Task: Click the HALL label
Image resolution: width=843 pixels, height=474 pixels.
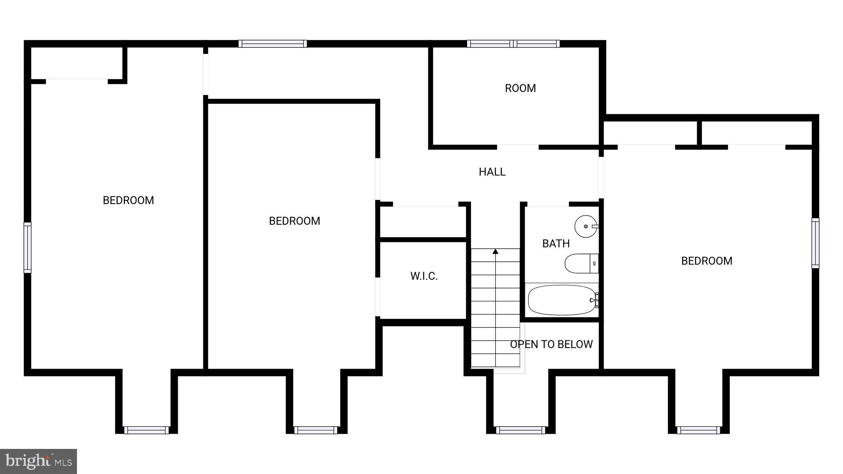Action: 492,172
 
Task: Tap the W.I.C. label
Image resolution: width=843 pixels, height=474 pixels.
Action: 424,276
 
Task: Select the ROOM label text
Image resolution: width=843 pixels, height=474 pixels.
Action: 520,88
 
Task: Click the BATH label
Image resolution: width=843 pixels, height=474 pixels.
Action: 556,244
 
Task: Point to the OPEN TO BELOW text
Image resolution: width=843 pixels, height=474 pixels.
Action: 551,344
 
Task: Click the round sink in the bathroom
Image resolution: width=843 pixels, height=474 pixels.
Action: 586,226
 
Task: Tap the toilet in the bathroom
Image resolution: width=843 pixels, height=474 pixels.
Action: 581,263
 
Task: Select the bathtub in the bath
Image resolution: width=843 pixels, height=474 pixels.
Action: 562,300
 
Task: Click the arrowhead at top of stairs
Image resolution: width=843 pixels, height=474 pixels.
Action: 496,251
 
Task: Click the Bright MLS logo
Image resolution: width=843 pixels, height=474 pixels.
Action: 38,461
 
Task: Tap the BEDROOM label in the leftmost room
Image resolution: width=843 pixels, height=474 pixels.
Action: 128,200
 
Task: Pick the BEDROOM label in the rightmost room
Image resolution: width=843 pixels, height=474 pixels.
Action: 706,261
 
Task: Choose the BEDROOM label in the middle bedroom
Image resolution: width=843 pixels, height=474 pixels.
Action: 294,221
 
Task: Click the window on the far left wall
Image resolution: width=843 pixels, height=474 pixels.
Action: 27,247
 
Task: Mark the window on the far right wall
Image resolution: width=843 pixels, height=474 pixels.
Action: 815,243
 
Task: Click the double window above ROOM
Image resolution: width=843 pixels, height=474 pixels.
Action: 513,44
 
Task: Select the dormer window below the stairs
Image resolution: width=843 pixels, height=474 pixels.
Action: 520,430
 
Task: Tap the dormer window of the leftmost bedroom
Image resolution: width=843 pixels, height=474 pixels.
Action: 146,430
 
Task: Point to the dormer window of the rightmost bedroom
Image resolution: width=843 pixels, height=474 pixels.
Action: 699,430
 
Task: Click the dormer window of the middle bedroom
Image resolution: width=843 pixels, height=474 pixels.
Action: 316,430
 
